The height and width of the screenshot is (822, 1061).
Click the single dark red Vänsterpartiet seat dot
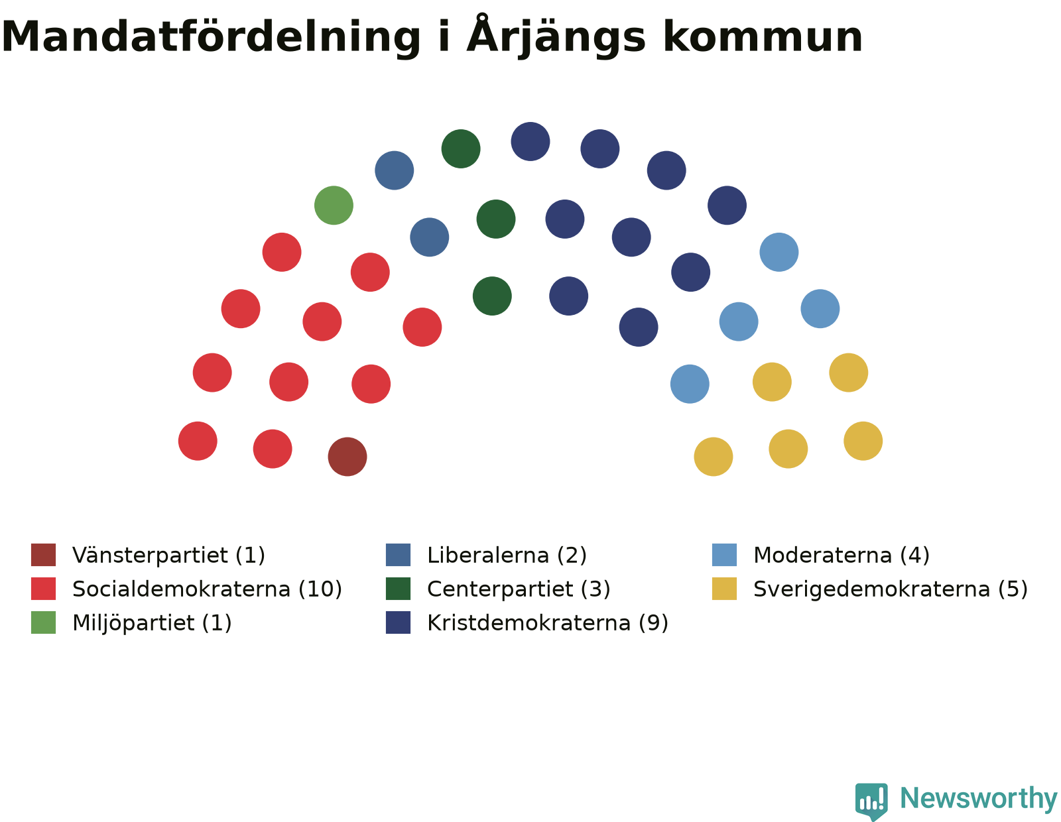coord(347,456)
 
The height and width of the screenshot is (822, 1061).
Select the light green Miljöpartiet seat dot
coord(334,205)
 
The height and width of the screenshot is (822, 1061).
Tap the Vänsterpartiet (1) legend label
coord(168,555)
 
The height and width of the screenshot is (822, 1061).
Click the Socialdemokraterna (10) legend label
coord(207,589)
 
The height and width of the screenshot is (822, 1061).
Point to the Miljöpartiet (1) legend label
coord(152,623)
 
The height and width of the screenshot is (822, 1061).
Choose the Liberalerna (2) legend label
coord(507,555)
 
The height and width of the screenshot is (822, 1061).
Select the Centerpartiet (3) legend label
coord(519,589)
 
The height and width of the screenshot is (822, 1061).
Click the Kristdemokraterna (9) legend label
coord(547,623)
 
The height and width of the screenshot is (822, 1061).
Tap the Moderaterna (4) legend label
coord(842,555)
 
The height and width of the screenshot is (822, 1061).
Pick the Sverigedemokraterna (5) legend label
coord(891,589)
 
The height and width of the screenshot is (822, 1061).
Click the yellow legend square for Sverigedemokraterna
coord(724,589)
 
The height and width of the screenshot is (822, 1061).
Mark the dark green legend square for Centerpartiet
coord(398,589)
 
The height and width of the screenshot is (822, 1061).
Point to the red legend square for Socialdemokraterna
coord(44,589)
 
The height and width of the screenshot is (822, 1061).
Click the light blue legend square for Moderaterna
coord(724,555)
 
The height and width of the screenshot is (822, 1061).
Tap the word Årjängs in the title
coord(556,34)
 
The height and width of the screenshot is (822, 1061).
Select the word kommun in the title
coord(763,36)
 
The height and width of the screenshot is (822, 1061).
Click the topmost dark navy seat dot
coord(530,141)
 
